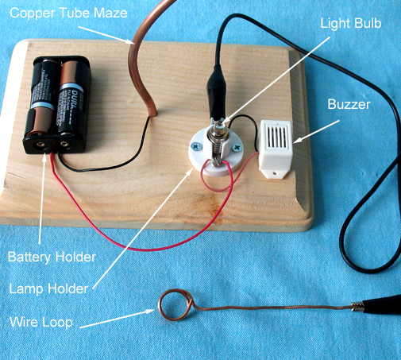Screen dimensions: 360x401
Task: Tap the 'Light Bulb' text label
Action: coord(351,24)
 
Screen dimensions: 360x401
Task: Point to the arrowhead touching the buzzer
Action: coord(296,141)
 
